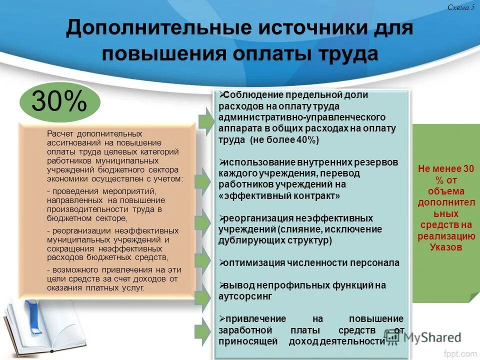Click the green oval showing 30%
59,102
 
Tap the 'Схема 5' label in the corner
461,7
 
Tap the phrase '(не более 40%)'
283,140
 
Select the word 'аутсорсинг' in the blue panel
245,296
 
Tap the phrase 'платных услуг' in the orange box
119,288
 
